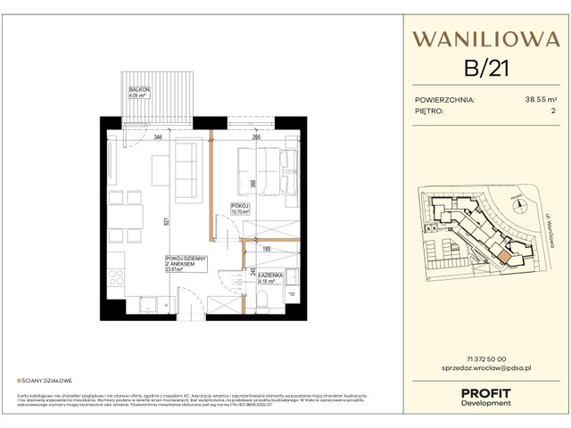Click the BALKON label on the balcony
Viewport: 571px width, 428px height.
(x=137, y=91)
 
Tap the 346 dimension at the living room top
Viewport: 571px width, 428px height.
(x=157, y=138)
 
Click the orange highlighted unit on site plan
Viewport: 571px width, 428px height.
(x=507, y=257)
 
